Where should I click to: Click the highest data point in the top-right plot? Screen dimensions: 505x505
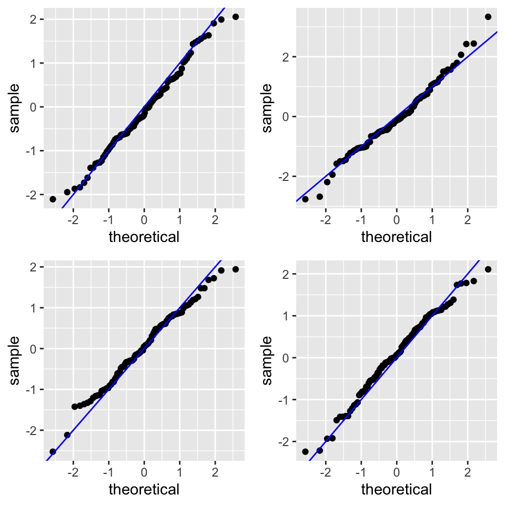488,17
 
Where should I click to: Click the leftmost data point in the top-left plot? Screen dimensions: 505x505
53,199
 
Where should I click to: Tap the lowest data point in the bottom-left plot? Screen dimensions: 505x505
53,451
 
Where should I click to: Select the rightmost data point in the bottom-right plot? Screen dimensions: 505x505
488,269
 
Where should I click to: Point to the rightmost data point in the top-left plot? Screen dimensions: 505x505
235,17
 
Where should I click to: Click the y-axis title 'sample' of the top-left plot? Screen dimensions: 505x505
15,107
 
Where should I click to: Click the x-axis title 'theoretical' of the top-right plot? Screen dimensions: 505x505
396,237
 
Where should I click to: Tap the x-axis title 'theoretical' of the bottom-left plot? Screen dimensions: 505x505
144,490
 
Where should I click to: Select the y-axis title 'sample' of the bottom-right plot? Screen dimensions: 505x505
267,360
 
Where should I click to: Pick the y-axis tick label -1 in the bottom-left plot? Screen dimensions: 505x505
31,389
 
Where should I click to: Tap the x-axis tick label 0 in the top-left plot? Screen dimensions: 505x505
144,219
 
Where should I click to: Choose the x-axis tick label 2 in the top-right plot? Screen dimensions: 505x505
467,219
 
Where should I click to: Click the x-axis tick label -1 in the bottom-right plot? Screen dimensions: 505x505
360,471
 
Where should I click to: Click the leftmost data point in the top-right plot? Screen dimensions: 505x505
305,199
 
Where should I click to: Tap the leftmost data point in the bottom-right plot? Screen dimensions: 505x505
305,451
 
